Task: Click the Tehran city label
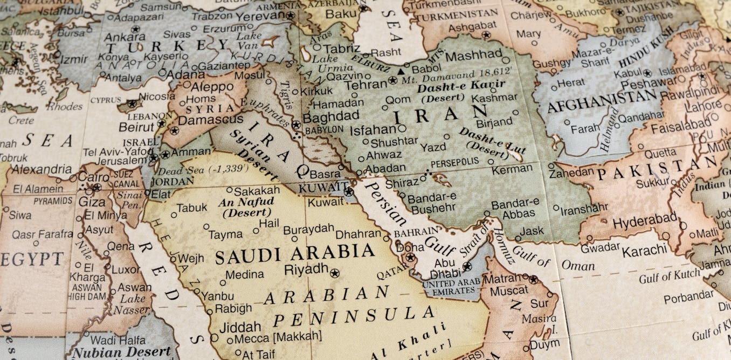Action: [365, 85]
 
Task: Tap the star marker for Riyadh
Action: [335, 273]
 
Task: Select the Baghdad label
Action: [330, 116]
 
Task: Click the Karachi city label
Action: [644, 251]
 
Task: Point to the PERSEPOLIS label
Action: [454, 162]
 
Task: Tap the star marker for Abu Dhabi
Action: [467, 266]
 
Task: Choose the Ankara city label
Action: [124, 38]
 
